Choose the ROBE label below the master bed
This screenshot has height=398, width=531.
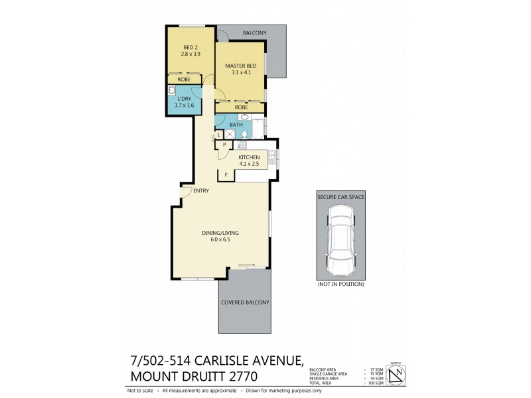click(241, 107)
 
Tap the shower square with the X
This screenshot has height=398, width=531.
click(230, 134)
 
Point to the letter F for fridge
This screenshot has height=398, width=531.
click(226, 174)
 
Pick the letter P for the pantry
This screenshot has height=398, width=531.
click(224, 145)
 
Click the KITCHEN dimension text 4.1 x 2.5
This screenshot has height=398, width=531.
click(249, 164)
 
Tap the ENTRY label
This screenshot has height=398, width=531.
click(201, 192)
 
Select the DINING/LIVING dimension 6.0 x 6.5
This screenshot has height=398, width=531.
click(220, 240)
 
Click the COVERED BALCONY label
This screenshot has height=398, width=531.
click(245, 302)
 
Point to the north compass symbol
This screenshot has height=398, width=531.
click(396, 376)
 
